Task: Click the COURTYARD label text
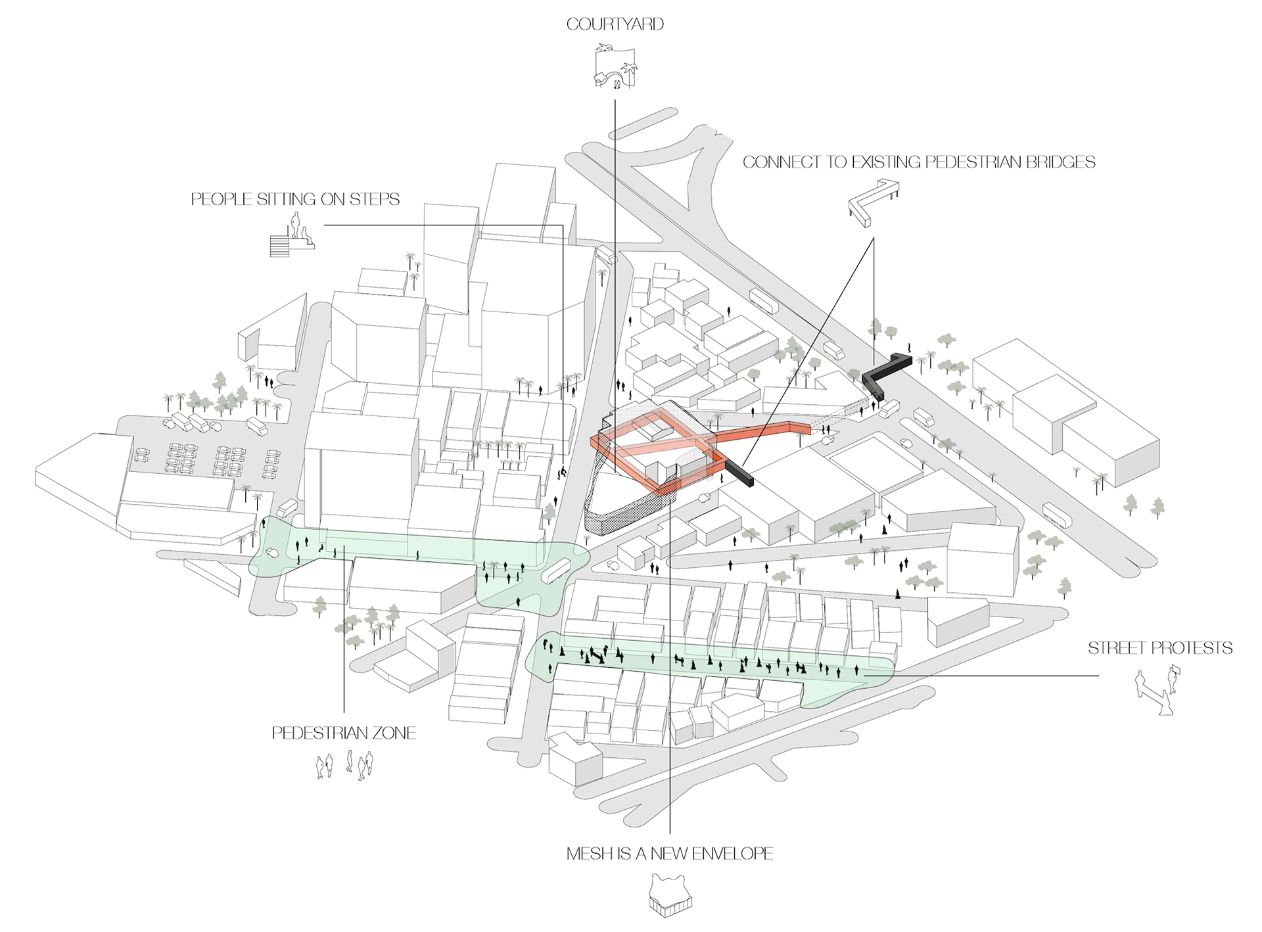615,24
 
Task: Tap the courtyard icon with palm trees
615,66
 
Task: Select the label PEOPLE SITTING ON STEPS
295,199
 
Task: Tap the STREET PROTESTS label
1159,648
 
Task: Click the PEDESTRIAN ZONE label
344,733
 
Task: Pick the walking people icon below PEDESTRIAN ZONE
344,765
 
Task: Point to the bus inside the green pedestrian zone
555,570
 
